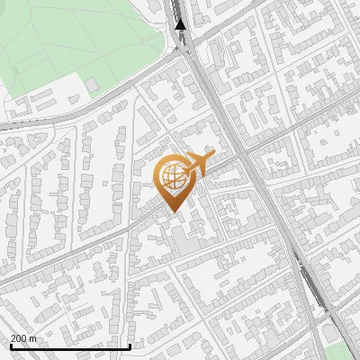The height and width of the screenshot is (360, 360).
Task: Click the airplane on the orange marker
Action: coord(198,165)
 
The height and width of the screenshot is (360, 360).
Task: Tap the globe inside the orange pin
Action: coord(175,178)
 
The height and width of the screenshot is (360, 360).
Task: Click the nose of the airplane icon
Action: coord(213,156)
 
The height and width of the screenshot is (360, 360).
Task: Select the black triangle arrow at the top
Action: coord(181,24)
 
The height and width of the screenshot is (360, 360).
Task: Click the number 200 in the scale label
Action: coord(19,338)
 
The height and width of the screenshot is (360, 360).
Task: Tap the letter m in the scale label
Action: coord(33,338)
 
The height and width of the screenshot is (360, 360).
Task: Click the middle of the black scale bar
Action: coord(69,346)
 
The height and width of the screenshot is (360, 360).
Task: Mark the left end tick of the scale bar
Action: coord(9,346)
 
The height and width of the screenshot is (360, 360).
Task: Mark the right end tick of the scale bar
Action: coord(130,346)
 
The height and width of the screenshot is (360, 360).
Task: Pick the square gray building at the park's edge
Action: coord(92,85)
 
